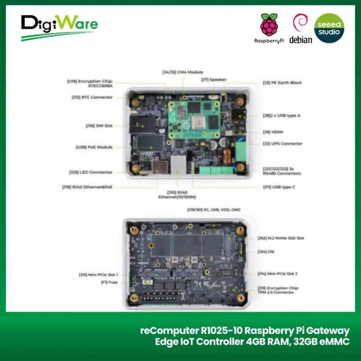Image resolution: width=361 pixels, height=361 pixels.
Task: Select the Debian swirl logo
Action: [300, 24]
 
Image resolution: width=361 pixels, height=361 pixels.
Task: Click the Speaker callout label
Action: [214, 79]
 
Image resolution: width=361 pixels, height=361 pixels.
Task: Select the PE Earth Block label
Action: [282, 82]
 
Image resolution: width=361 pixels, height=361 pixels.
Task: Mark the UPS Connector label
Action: [282, 144]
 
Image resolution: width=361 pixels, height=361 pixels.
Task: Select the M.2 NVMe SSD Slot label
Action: [283, 239]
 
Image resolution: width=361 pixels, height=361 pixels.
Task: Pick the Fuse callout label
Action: [106, 281]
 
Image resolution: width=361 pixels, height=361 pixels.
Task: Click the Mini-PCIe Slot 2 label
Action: [281, 273]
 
